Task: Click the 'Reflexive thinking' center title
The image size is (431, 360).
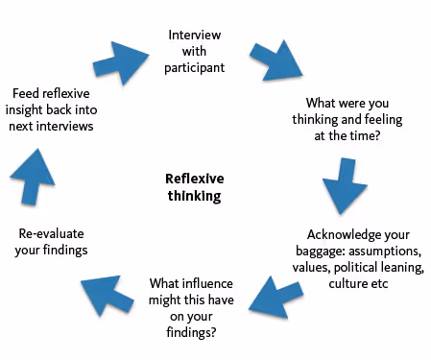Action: click(193, 187)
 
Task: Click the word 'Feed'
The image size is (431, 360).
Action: click(28, 93)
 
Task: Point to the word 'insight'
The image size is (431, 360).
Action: click(35, 109)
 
